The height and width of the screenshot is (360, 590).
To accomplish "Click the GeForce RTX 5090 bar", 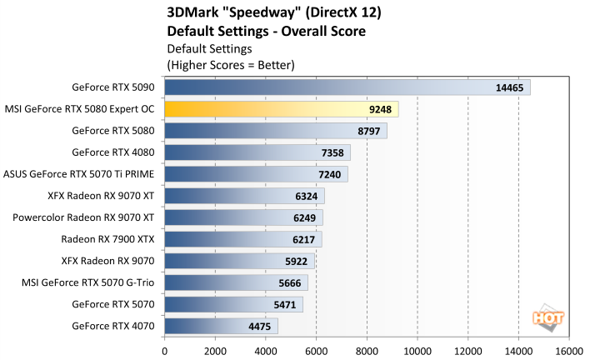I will tap(347, 87).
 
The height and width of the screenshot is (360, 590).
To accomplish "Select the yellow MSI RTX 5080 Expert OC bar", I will tap(281, 108).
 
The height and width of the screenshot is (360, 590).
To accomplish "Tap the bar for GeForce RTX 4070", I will tap(221, 326).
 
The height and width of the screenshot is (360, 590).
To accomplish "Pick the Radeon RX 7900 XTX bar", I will tap(242, 239).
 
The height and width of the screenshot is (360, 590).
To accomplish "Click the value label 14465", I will tap(509, 87).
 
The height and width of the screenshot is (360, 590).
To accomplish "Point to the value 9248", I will tap(381, 108).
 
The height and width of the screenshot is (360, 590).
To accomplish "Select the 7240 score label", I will tap(331, 174).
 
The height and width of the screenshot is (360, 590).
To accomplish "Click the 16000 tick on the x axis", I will tap(569, 350).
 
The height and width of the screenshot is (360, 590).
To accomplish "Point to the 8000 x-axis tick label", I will tap(367, 350).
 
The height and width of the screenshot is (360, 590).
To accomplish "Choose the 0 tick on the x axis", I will tap(165, 350).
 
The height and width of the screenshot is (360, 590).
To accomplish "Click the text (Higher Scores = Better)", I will tap(231, 63).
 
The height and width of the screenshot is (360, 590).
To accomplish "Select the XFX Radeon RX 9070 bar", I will tap(239, 261).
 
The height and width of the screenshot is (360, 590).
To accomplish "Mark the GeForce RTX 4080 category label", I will tap(113, 152).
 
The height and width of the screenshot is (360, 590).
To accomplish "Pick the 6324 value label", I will tap(307, 196).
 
